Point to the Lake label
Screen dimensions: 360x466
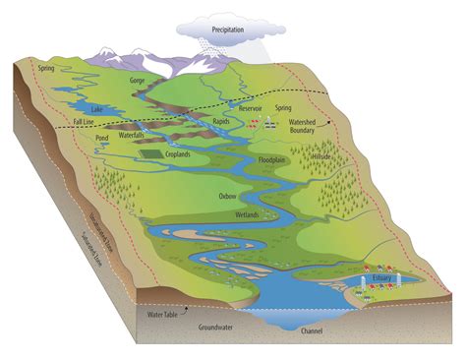94,108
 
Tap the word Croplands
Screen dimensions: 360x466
184,153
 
